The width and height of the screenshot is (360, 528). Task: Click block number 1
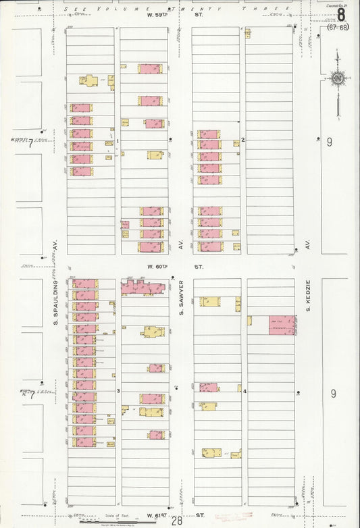pos(118,140)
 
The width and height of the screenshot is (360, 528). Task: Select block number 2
pos(243,140)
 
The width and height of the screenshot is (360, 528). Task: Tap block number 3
pos(118,391)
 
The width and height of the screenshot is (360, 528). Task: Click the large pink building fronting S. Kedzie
pos(282,325)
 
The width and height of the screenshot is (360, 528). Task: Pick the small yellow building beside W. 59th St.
pos(248,32)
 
